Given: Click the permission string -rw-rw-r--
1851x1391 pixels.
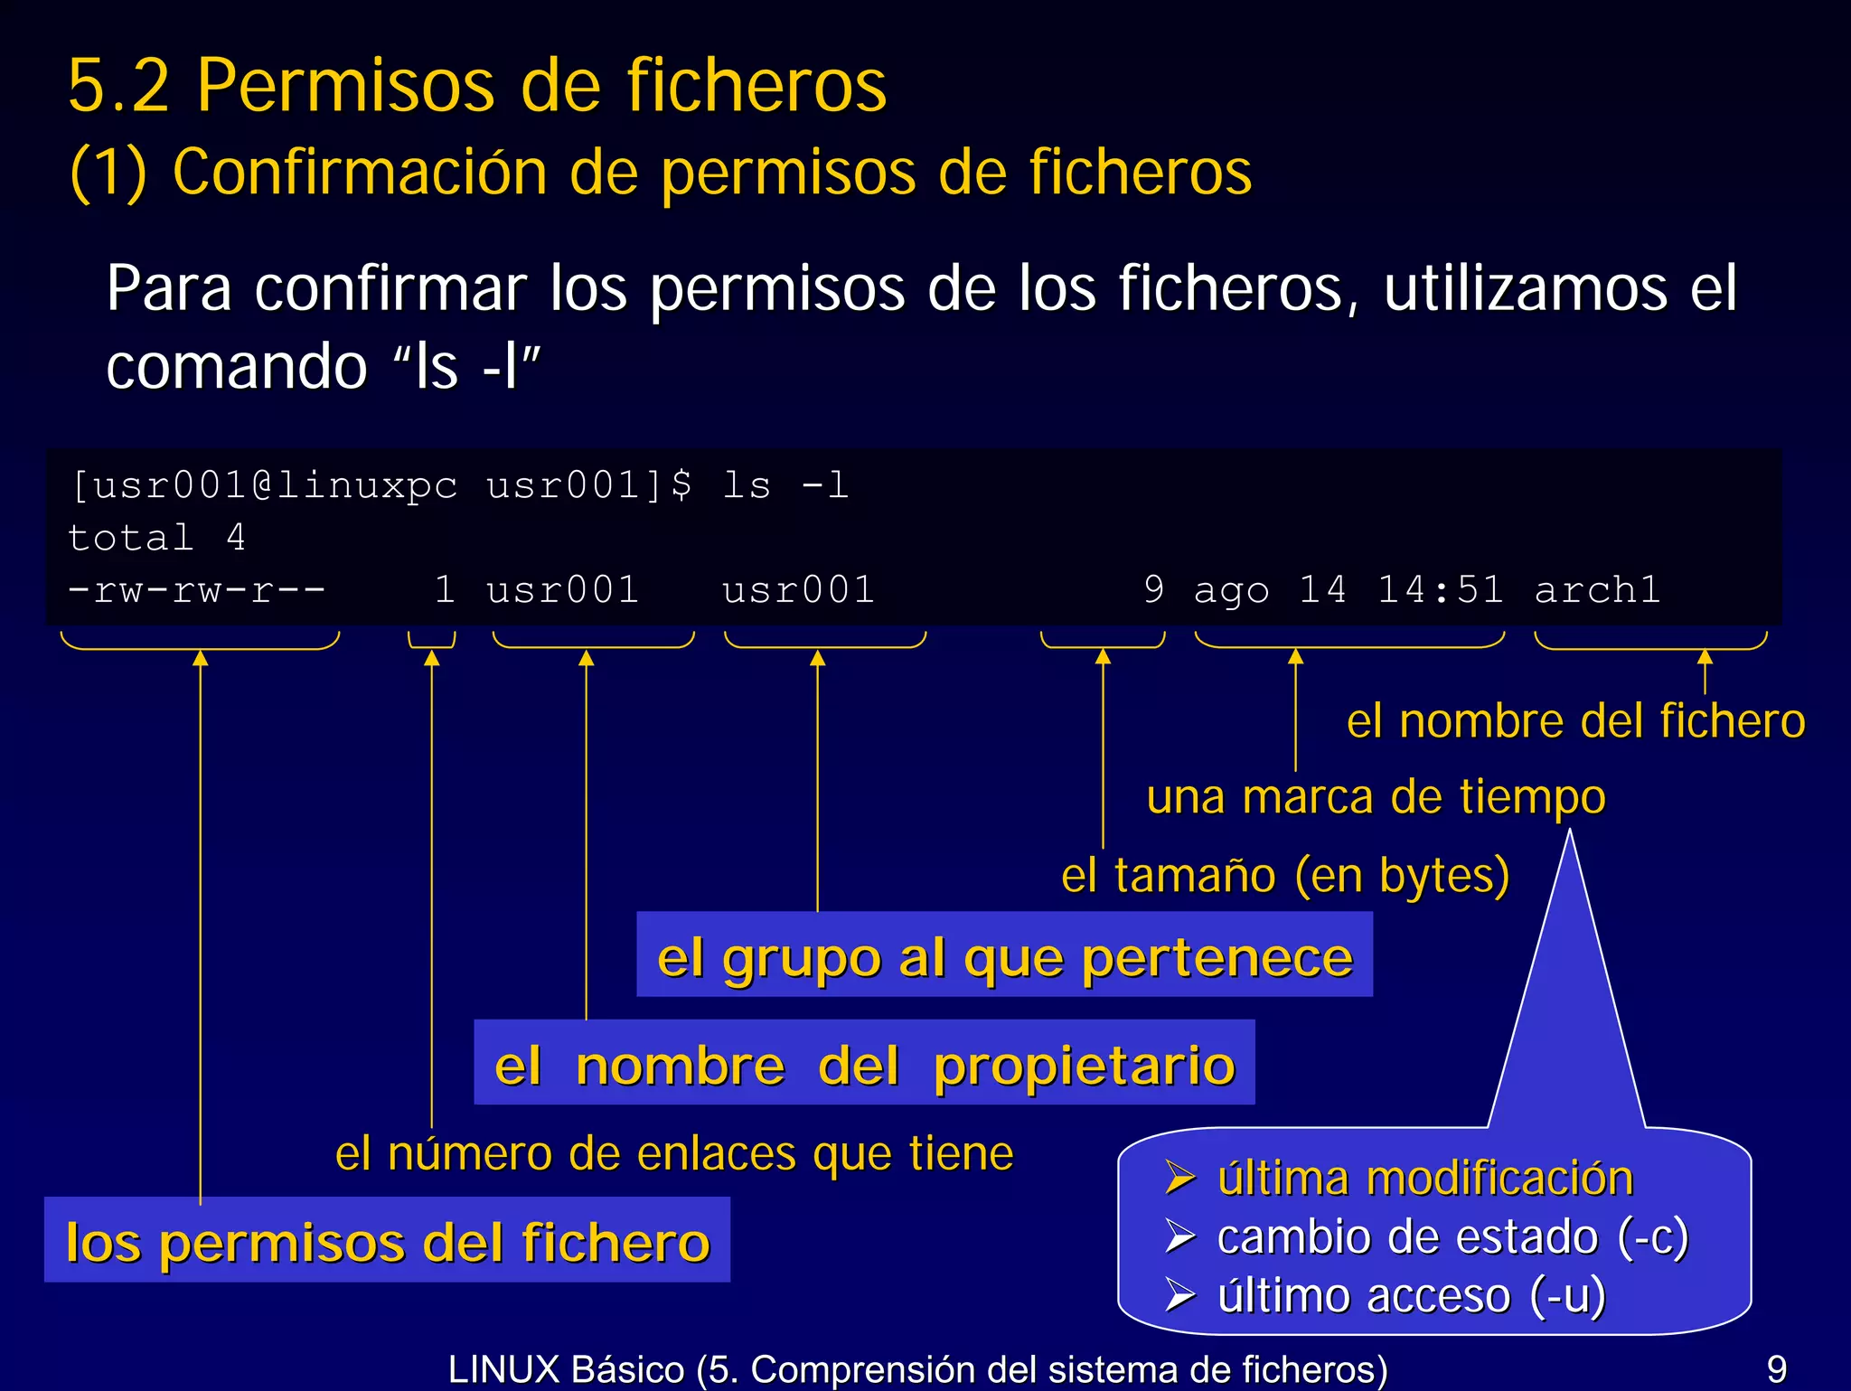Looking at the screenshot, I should click(x=197, y=590).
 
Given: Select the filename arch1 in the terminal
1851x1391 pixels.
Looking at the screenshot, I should click(x=1597, y=590).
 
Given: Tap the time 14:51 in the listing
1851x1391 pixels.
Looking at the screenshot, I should click(x=1440, y=590).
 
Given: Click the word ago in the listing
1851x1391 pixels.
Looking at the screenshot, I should click(x=1231, y=590).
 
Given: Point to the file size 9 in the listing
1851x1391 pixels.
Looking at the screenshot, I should click(x=1153, y=590).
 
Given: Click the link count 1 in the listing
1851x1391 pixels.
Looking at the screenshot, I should click(x=444, y=590).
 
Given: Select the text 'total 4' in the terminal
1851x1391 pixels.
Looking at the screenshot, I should click(x=156, y=538).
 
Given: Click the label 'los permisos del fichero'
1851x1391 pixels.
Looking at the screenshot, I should click(x=388, y=1241).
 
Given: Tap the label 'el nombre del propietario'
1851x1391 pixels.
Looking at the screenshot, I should click(x=864, y=1064).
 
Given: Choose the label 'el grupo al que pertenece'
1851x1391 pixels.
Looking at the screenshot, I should click(x=1004, y=956).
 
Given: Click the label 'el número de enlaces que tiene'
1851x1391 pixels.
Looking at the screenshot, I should click(x=674, y=1153).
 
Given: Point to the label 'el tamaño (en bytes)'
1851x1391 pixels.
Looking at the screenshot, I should click(x=1284, y=875).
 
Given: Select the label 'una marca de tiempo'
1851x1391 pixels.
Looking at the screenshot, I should click(x=1376, y=797).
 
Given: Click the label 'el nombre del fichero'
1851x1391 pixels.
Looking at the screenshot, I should click(x=1575, y=721).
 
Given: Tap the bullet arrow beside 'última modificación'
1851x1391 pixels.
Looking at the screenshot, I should click(x=1180, y=1178).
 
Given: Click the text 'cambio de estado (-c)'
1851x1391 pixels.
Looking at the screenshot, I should click(x=1452, y=1236).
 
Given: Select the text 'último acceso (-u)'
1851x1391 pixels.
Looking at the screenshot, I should click(x=1411, y=1295).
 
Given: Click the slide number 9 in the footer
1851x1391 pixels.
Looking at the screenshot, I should click(x=1776, y=1368).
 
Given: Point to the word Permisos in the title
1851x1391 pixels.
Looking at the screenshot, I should click(x=345, y=85).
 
